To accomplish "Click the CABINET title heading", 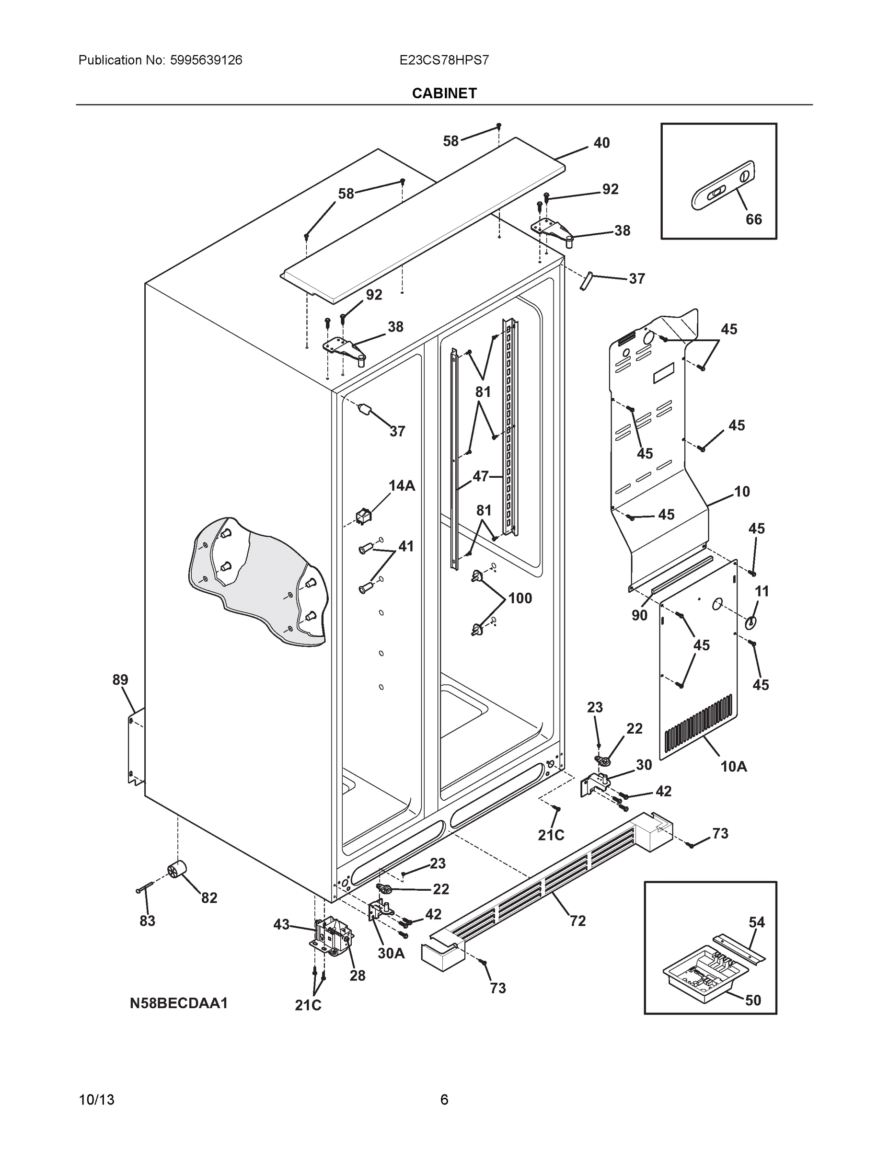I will point(444,93).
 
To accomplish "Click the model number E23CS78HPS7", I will point(444,60).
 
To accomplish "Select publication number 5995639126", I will point(206,60).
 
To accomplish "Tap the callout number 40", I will point(601,143).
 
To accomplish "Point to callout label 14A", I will point(402,485).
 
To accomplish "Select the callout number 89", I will point(120,680).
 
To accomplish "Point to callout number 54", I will point(757,922).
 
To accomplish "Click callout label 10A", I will point(734,782).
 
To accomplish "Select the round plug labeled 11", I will point(750,623).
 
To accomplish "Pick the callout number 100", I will point(520,598).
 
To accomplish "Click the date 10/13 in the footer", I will point(96,1100).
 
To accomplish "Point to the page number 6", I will point(444,1100).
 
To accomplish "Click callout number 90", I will point(639,615).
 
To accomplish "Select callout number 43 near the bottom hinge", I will point(281,924).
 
